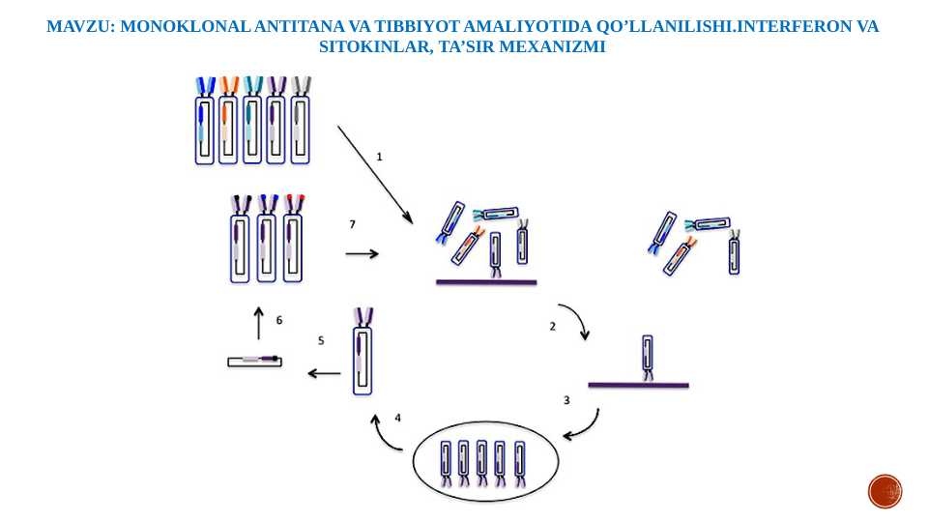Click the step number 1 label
point(380,156)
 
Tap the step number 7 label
point(352,224)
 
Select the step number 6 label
point(279,319)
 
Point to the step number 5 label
point(321,340)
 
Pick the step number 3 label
point(566,399)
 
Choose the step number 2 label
point(553,327)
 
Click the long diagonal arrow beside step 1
point(375,174)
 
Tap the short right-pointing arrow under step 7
point(362,254)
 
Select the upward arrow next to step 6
point(258,323)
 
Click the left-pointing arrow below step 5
point(324,373)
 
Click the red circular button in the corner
point(885,491)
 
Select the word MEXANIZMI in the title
point(561,45)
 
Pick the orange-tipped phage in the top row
point(229,122)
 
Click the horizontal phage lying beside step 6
point(254,361)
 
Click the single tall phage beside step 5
point(363,349)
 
